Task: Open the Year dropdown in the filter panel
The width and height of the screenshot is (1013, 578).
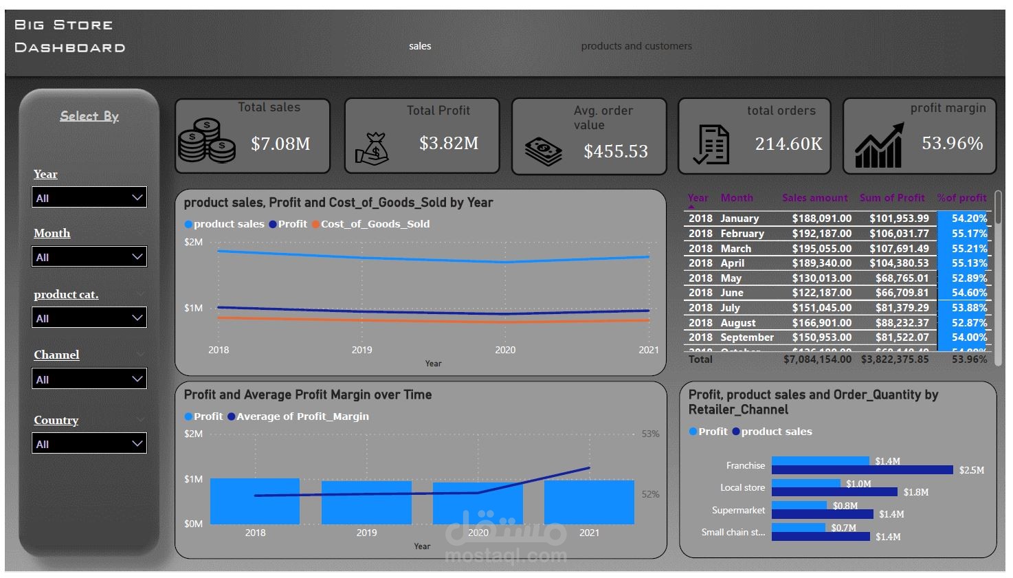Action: click(x=89, y=197)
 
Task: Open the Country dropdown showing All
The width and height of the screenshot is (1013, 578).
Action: click(x=89, y=443)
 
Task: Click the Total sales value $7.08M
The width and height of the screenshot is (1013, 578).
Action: click(x=280, y=144)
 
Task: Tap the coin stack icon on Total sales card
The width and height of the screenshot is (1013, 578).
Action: click(x=206, y=141)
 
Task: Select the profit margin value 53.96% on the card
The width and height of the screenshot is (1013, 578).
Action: click(x=952, y=143)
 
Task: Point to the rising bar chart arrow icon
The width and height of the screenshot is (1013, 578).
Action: click(x=879, y=146)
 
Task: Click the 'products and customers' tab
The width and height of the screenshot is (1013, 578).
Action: click(x=636, y=46)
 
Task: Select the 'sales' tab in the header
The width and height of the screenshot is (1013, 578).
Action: click(x=420, y=46)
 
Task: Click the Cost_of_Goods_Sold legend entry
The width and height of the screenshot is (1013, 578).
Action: click(x=375, y=224)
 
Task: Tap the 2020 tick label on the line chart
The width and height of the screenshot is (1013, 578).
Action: click(x=505, y=350)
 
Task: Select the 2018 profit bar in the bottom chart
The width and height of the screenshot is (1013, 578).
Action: click(x=255, y=502)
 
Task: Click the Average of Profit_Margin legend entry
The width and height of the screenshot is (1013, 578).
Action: click(x=302, y=416)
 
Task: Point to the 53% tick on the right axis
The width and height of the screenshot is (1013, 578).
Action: click(x=650, y=434)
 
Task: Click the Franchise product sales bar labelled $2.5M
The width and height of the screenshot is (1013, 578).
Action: click(x=862, y=470)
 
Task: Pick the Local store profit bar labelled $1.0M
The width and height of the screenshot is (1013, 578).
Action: click(x=805, y=483)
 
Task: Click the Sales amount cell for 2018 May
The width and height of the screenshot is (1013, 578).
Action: click(x=821, y=278)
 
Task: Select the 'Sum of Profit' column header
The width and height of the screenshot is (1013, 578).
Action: click(x=892, y=198)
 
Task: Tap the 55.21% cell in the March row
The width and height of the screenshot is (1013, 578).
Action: click(x=969, y=249)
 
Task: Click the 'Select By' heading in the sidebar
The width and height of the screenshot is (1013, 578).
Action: click(x=89, y=116)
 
